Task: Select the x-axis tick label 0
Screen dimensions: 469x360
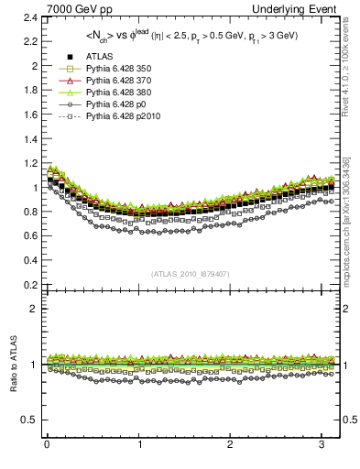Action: pyautogui.click(x=47, y=446)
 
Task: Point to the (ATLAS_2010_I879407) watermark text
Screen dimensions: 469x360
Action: pyautogui.click(x=190, y=274)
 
